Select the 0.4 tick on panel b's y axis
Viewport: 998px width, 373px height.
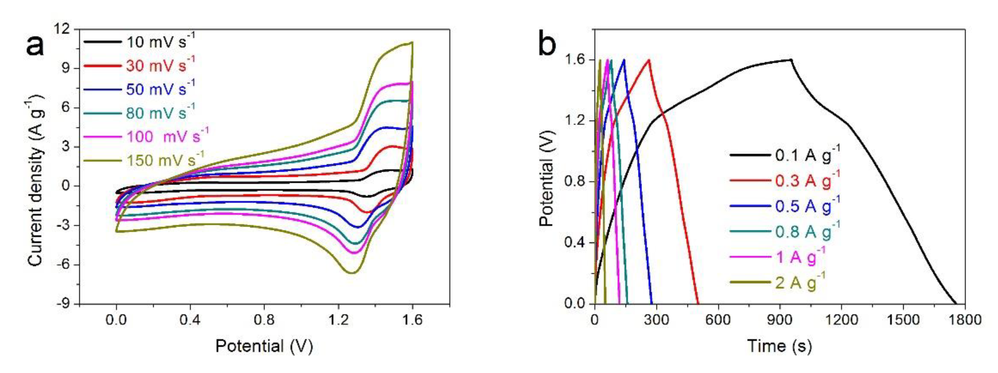click(x=572, y=243)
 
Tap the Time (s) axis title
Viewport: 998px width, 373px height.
click(x=779, y=346)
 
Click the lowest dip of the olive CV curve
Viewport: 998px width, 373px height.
click(x=352, y=273)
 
